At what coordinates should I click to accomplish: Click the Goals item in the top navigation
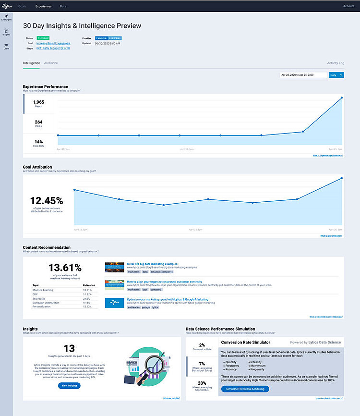(x=22, y=6)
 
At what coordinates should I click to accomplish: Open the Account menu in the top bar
(x=349, y=6)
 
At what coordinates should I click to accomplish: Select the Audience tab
(x=51, y=63)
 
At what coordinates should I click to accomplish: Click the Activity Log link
(x=336, y=63)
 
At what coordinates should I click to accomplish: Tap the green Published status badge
(x=43, y=37)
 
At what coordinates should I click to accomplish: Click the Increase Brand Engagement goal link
(x=53, y=43)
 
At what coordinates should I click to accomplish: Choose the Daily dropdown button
(x=336, y=75)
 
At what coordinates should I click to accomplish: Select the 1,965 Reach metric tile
(x=38, y=104)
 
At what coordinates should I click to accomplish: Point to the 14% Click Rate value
(x=38, y=142)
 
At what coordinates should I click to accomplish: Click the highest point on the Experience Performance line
(x=342, y=98)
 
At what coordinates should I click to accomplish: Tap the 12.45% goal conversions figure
(x=47, y=201)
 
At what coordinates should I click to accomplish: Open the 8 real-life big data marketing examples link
(x=152, y=264)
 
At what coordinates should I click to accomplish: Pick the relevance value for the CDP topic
(x=87, y=294)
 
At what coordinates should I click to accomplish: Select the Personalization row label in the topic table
(x=43, y=306)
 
